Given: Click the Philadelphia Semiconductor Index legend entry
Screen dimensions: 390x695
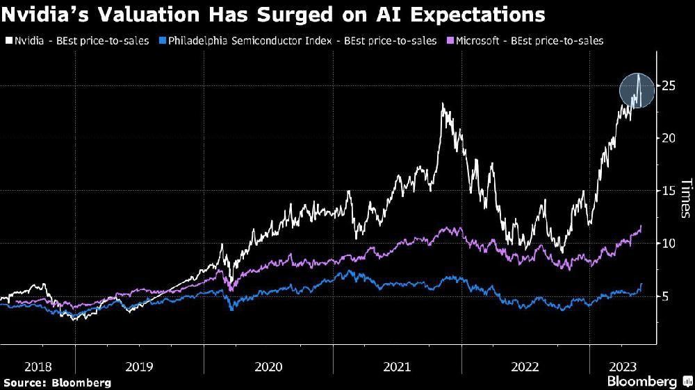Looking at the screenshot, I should coord(299,41).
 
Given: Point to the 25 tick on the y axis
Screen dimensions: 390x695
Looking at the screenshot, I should coord(669,85).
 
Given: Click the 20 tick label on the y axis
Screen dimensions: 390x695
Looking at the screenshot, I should coord(669,138).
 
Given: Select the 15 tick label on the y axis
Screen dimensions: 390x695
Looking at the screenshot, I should coord(669,191).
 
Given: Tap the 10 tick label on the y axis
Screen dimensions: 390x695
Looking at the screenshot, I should coord(669,244).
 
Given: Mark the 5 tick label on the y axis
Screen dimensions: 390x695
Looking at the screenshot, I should coord(666,296).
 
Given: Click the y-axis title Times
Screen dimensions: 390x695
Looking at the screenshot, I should coord(685,198).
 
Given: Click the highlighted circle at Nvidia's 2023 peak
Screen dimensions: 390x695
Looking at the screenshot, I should coord(637,91).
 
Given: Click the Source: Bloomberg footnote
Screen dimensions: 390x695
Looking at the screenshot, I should coord(57,382).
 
